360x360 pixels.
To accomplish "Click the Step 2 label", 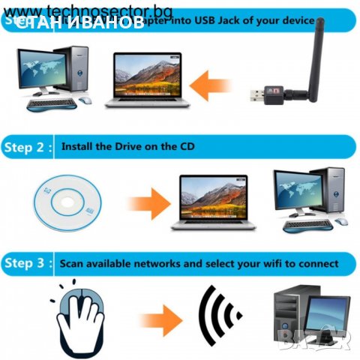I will tap(28, 147).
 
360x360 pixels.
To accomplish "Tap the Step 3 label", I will tap(28, 263).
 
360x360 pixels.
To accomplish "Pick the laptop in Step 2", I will tap(213, 201).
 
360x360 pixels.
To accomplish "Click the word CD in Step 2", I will tap(186, 147).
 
